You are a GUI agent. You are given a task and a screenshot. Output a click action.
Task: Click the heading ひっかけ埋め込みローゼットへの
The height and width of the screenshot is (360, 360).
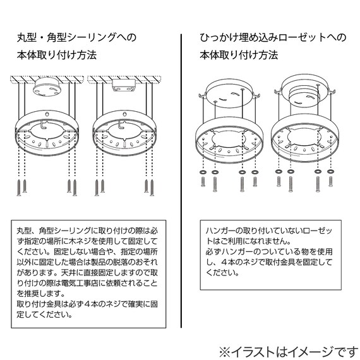273,37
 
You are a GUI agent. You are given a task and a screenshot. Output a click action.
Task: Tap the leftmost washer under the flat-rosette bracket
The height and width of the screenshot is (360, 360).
201,172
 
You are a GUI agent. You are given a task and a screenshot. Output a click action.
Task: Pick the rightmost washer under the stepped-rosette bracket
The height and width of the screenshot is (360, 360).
330,172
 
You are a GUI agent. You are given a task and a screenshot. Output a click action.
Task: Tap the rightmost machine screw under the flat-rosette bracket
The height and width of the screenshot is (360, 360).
255,184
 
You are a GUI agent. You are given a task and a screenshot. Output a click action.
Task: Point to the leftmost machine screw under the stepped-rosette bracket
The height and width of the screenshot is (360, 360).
279,183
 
